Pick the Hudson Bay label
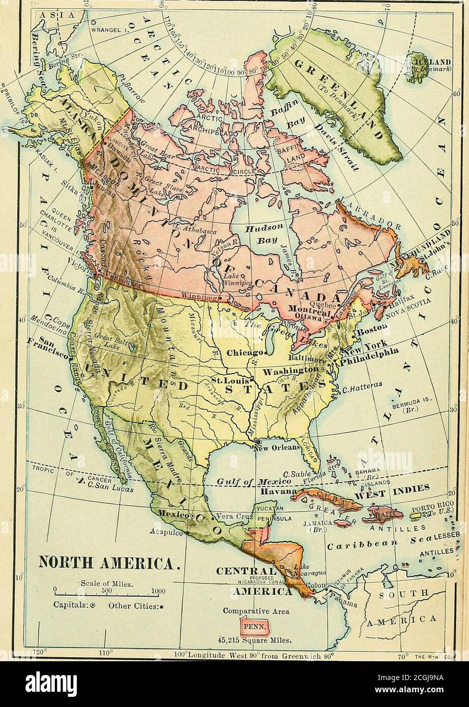pos(259,234)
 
